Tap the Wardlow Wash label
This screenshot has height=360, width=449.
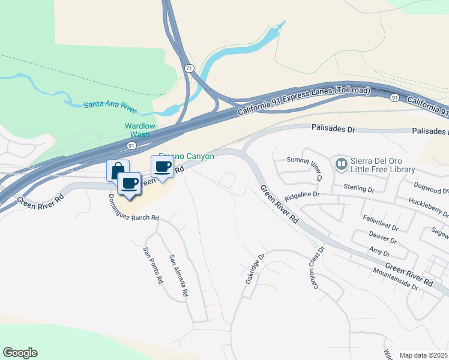(140, 130)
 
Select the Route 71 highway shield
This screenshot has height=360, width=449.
(190, 68)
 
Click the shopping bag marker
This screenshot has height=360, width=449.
(117, 170)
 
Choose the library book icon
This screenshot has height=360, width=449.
(342, 163)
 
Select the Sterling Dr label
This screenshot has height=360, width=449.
(360, 188)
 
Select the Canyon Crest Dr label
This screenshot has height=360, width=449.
(316, 268)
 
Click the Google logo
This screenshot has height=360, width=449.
(20, 353)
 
